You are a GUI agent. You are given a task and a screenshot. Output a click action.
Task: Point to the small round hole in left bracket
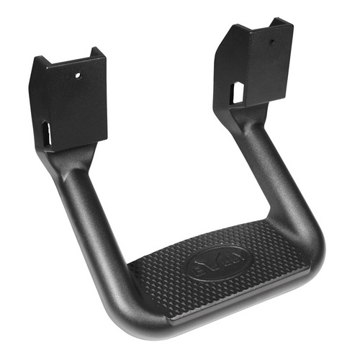pos(77,74)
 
